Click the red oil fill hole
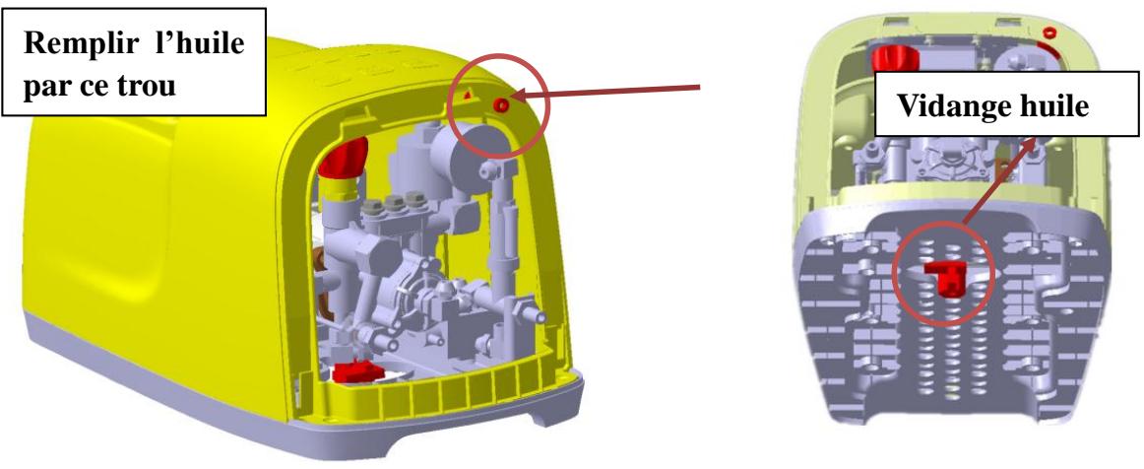tap(501, 105)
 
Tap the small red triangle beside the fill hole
tap(470, 94)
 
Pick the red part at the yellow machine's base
tap(357, 371)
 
